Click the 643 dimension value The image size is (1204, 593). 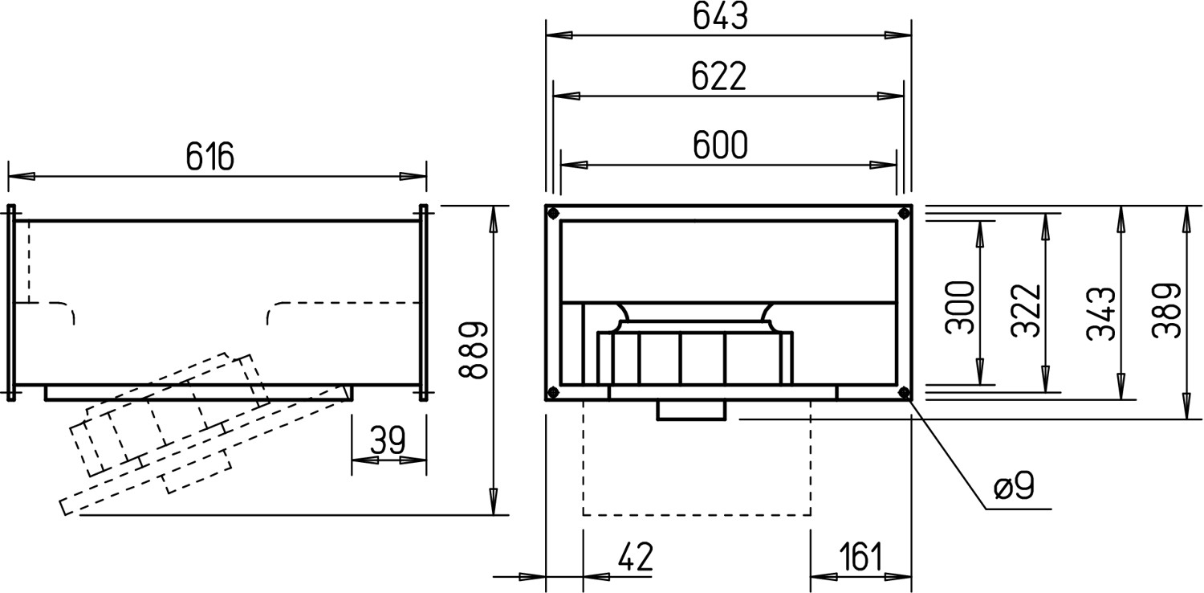720,17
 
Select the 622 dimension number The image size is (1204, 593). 718,77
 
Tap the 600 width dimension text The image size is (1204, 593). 720,145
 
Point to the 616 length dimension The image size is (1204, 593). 210,157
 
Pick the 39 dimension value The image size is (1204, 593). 388,440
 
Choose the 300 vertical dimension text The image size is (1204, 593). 960,307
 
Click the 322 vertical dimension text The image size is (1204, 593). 1026,310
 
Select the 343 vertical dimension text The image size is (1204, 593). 1101,313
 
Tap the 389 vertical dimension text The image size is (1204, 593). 1166,310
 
